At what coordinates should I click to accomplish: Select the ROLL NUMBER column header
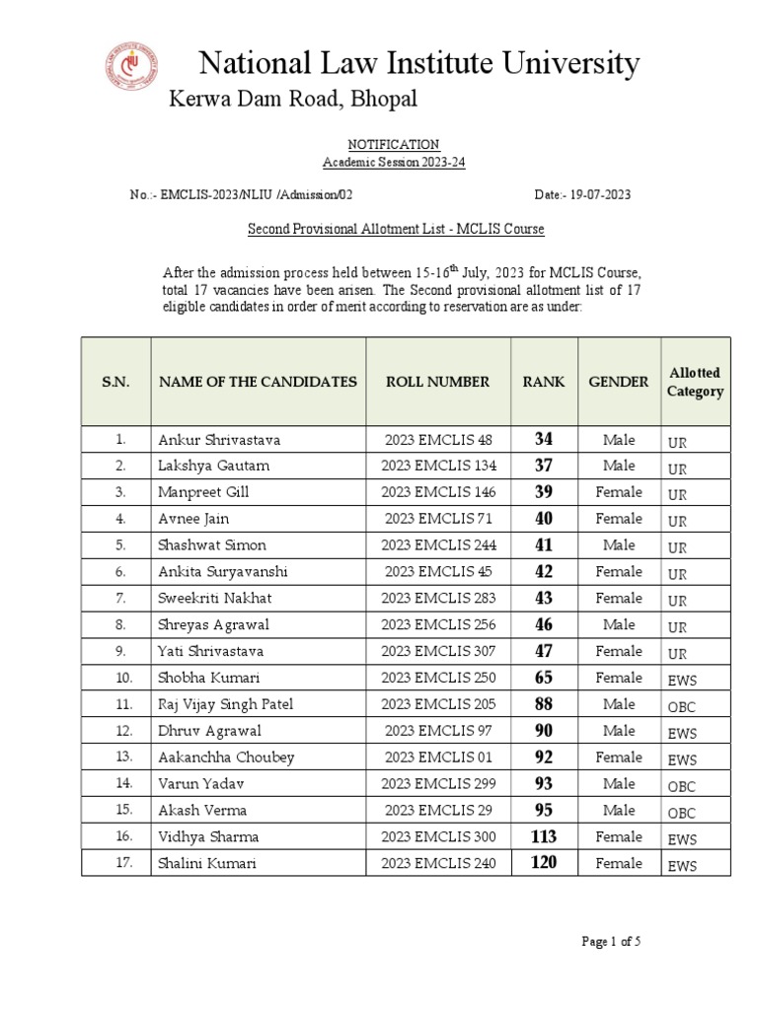pyautogui.click(x=437, y=382)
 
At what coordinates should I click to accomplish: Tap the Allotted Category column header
pyautogui.click(x=695, y=382)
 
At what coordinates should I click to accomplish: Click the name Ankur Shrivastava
pyautogui.click(x=219, y=440)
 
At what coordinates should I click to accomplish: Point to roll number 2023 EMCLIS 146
pyautogui.click(x=438, y=492)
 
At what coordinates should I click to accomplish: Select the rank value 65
pyautogui.click(x=544, y=678)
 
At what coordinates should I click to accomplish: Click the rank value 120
pyautogui.click(x=544, y=864)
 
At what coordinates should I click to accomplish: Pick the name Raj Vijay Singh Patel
pyautogui.click(x=225, y=704)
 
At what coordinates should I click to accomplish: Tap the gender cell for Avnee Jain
pyautogui.click(x=619, y=519)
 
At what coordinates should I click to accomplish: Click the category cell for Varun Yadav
pyautogui.click(x=682, y=786)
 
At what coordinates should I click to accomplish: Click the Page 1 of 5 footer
pyautogui.click(x=611, y=942)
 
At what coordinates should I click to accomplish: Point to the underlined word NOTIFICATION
pyautogui.click(x=394, y=144)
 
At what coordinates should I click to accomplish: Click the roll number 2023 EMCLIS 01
pyautogui.click(x=438, y=757)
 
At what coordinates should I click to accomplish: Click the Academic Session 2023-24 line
pyautogui.click(x=394, y=163)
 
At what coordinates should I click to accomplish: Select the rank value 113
pyautogui.click(x=544, y=837)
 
